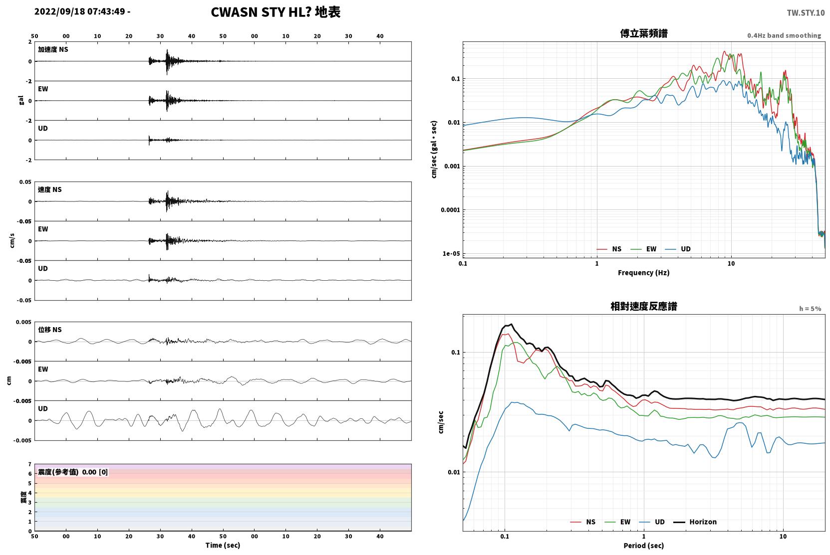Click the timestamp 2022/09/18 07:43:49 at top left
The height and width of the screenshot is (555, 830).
click(80, 11)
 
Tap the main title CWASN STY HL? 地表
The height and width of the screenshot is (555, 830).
click(276, 12)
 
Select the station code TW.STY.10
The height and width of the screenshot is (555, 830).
click(806, 13)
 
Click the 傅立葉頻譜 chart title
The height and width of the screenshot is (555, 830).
click(644, 34)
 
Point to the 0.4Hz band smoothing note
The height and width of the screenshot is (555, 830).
click(784, 35)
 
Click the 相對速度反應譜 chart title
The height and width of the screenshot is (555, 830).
click(644, 307)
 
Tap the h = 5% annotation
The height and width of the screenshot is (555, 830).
click(810, 309)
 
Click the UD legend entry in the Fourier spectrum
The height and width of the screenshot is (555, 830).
click(678, 249)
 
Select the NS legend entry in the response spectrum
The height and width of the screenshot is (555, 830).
click(583, 522)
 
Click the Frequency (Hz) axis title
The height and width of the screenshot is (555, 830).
click(644, 273)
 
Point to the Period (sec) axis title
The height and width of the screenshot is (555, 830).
click(644, 546)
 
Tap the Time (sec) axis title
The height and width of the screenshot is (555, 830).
click(223, 546)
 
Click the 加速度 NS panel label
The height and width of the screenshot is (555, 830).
click(53, 49)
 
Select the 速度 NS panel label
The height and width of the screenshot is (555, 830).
click(49, 190)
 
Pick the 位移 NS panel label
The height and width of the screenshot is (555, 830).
click(49, 330)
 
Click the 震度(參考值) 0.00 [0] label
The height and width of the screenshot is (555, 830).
click(73, 472)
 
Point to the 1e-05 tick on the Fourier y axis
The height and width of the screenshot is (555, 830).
click(451, 254)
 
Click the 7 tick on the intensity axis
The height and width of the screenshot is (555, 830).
click(30, 464)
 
